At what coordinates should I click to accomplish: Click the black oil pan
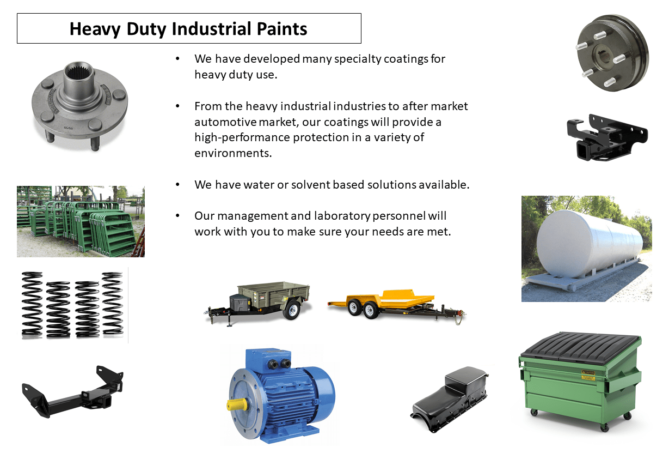click(x=450, y=400)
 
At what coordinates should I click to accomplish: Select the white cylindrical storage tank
click(x=588, y=243)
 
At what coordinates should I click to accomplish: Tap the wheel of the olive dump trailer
click(x=292, y=311)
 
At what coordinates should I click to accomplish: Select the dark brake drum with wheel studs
click(x=613, y=52)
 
